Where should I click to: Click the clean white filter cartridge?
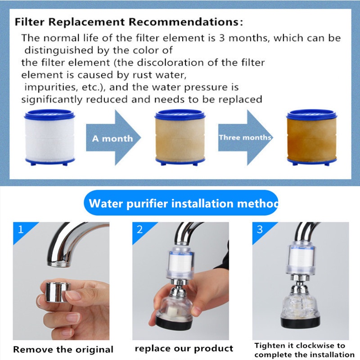click(x=49, y=137)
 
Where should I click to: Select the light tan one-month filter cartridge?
click(x=180, y=137)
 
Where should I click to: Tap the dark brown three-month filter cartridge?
click(x=311, y=137)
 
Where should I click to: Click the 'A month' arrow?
click(x=113, y=138)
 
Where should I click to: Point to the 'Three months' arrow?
click(x=245, y=138)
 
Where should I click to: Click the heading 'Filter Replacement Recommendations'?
click(x=129, y=22)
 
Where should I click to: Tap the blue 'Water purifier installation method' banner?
click(x=181, y=203)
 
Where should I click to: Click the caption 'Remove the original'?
click(x=63, y=350)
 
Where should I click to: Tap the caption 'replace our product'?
click(x=184, y=348)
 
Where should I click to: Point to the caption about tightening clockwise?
click(x=305, y=350)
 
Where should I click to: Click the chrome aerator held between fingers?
click(x=58, y=291)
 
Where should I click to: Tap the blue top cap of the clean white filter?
click(x=49, y=114)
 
